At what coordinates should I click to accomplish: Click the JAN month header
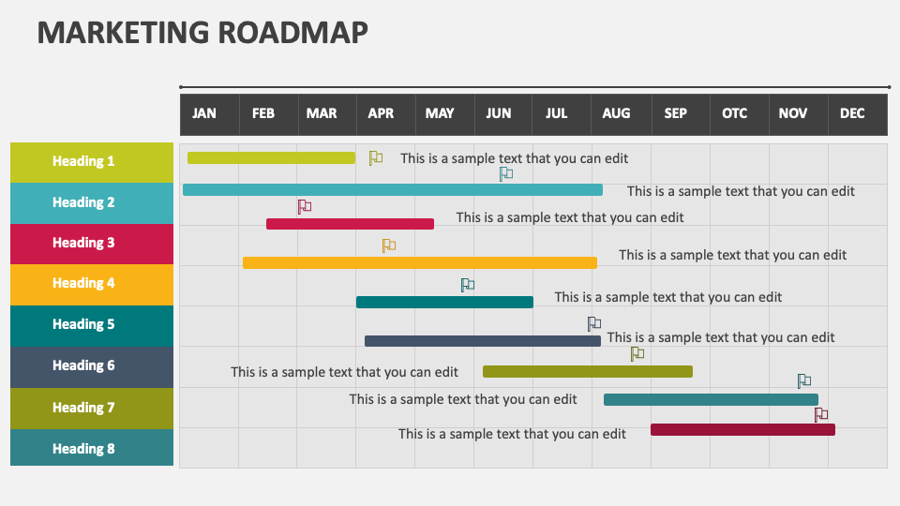coord(204,113)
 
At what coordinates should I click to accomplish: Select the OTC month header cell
coord(734,113)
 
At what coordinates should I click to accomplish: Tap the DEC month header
coord(852,113)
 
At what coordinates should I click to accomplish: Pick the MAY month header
coord(440,113)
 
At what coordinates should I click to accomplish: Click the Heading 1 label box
coord(92,161)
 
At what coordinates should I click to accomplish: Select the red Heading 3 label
coord(92,243)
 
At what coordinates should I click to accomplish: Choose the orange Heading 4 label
coord(92,283)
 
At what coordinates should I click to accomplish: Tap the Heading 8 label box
coord(92,448)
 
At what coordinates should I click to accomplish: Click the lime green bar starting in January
coord(271,158)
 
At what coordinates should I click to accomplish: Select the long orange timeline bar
coord(419,263)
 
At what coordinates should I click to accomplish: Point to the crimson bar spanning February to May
coord(350,224)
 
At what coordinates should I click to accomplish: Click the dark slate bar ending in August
coord(482,341)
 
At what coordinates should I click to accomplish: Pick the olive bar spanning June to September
coord(587,372)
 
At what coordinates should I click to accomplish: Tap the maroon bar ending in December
coord(742,430)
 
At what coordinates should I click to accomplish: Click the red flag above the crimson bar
coord(304,206)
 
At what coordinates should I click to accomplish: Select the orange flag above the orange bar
coord(388,246)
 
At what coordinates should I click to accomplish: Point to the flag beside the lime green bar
coord(375,157)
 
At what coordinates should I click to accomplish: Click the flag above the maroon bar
coord(821,414)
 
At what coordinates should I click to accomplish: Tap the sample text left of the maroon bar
coord(512,434)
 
